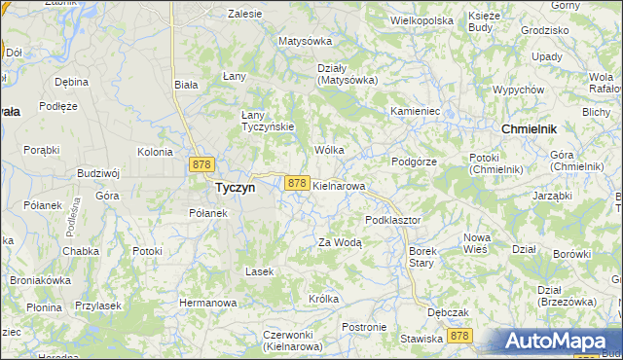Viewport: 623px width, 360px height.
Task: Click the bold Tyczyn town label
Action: tap(235, 189)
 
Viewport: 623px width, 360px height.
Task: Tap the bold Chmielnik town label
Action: tap(529, 128)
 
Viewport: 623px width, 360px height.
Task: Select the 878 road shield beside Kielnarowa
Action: tap(297, 183)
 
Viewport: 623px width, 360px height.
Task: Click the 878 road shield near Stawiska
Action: tap(459, 336)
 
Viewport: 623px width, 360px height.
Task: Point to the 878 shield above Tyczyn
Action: tap(202, 165)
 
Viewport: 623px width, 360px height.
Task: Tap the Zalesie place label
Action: tap(244, 15)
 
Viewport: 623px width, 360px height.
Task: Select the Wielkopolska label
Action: tap(421, 19)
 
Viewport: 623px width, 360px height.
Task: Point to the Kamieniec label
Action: tap(416, 112)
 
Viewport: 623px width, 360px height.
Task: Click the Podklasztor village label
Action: tap(392, 220)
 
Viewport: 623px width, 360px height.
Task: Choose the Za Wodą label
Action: tap(340, 243)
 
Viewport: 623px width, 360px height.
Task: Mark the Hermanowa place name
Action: tap(207, 303)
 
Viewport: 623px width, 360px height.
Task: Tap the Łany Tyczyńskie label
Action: tap(267, 121)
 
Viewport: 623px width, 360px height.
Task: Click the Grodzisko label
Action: tap(544, 30)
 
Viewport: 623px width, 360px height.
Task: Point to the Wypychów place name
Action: tap(518, 90)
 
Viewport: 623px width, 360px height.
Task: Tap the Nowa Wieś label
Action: tap(476, 243)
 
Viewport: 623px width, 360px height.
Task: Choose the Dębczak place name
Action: tap(448, 312)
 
